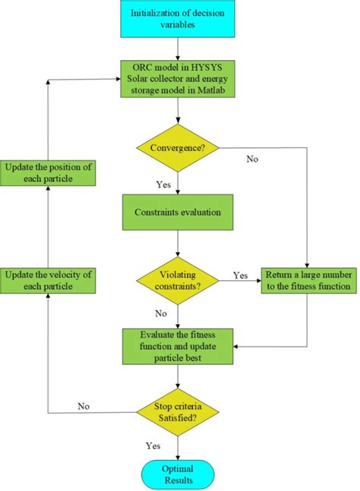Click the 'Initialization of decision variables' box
click(177, 20)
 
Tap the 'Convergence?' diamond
click(177, 146)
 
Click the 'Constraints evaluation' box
click(177, 212)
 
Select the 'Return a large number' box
click(306, 280)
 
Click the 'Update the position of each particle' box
click(49, 172)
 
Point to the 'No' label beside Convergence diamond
click(252, 159)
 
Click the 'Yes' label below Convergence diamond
click(163, 183)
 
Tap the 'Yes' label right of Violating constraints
click(240, 275)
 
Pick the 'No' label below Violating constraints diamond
click(160, 312)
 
